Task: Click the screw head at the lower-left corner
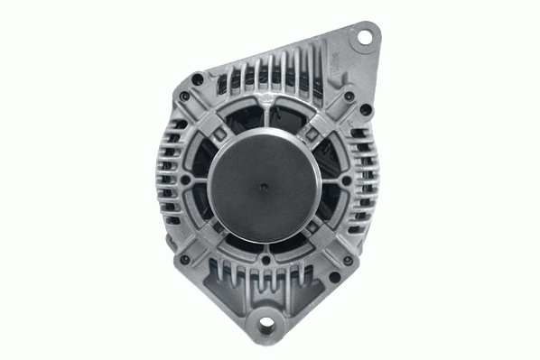tap(184, 260)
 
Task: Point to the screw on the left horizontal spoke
tap(186, 180)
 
